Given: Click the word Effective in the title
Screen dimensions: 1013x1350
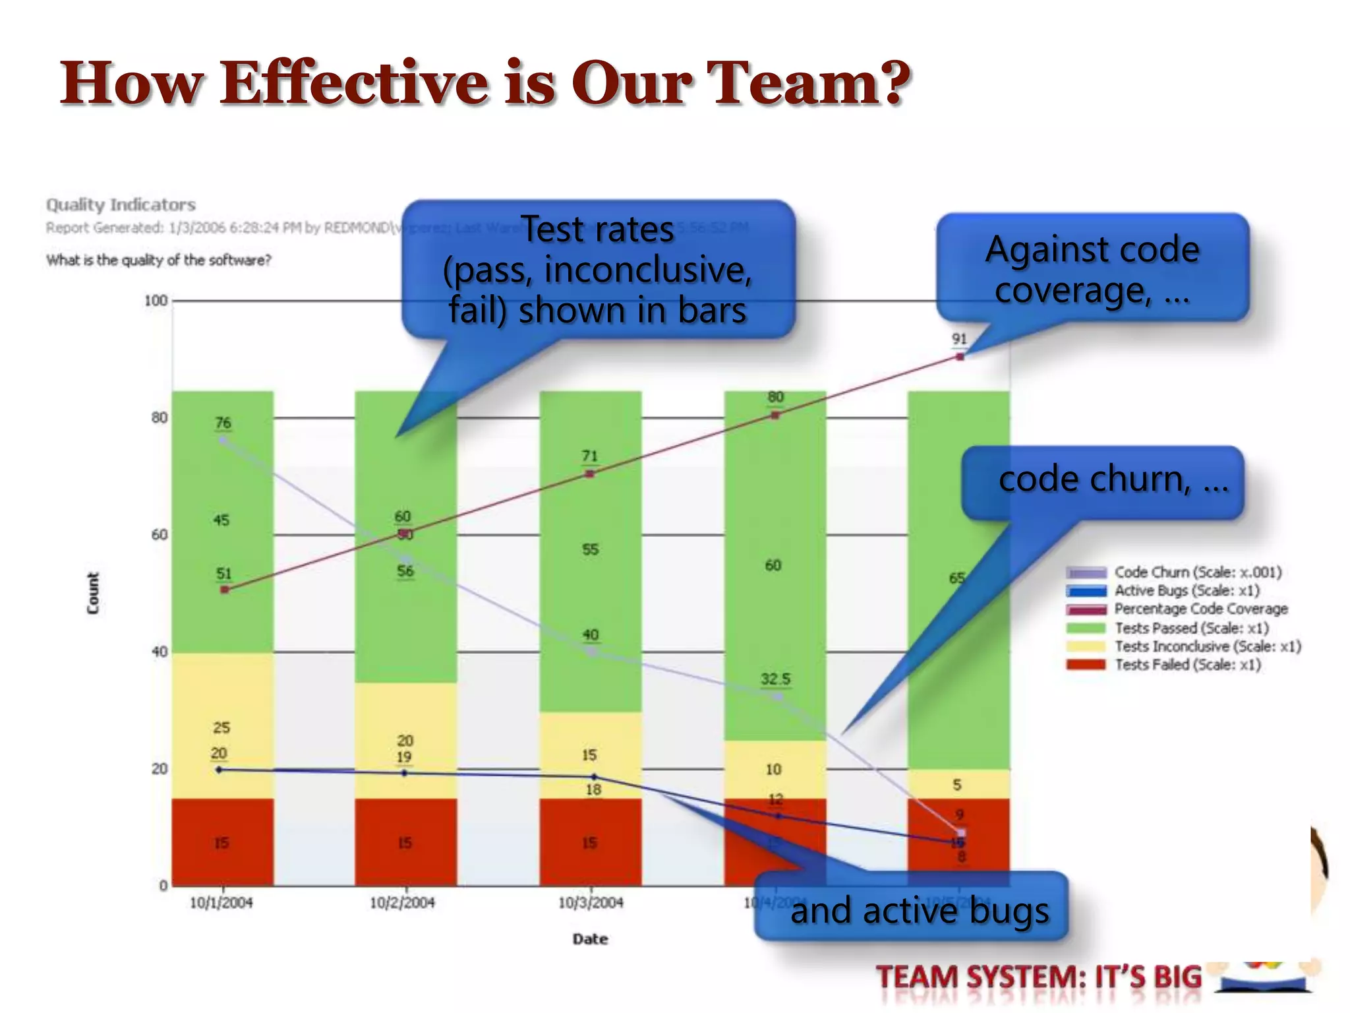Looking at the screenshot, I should point(354,84).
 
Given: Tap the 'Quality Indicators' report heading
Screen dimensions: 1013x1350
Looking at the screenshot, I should point(121,205).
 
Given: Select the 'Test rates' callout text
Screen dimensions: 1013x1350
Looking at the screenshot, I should point(597,230).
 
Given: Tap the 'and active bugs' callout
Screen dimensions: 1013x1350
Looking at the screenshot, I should point(919,911).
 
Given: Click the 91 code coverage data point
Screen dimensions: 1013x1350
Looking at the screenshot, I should point(960,357).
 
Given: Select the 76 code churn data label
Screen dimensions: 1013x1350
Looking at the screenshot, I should point(223,423).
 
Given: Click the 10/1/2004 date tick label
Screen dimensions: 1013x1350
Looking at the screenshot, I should point(221,903).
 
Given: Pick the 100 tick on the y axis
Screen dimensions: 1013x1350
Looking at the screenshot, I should point(156,301).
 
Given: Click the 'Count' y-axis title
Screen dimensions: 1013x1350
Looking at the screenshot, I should point(93,593).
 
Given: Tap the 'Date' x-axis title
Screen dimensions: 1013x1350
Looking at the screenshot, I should point(590,939).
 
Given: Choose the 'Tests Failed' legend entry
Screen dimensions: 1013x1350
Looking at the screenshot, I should point(1187,665).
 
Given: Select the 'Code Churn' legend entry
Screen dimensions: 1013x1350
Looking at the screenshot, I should point(1197,572).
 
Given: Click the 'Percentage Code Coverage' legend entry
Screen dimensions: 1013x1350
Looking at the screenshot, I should point(1200,609).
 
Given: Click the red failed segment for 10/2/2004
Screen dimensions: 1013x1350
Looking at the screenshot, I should point(405,842).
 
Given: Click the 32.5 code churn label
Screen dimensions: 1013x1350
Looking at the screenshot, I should point(775,679).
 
